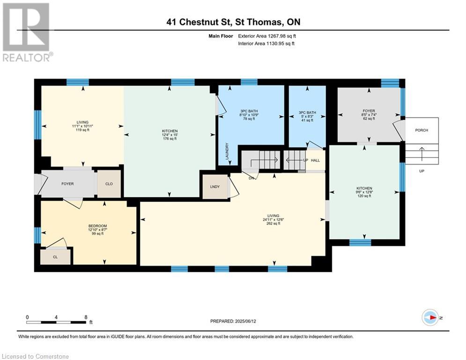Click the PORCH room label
tap(422, 130)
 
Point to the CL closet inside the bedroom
tap(55, 257)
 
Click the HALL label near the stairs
tap(315, 160)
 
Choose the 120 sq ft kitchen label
tap(364, 192)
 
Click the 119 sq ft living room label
tap(83, 126)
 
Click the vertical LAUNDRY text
tap(227, 151)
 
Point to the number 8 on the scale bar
tap(85, 317)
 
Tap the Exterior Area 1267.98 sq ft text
tap(267, 36)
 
